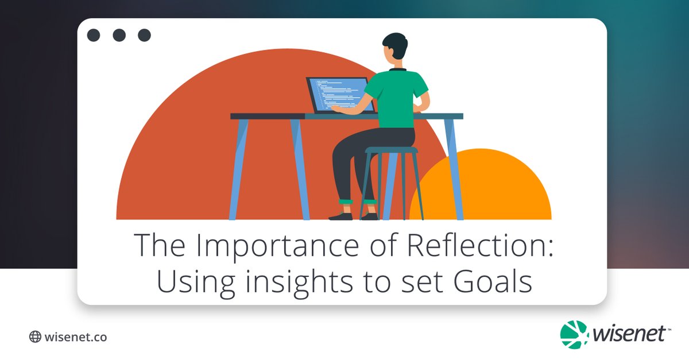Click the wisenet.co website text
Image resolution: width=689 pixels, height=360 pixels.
tap(75, 337)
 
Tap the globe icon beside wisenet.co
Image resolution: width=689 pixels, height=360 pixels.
tap(35, 337)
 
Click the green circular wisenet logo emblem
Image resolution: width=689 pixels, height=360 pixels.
tap(574, 334)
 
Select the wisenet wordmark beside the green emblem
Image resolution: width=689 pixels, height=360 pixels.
tap(629, 334)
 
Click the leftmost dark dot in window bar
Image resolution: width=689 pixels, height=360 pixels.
tap(94, 36)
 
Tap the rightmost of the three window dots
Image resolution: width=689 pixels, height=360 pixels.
tap(144, 36)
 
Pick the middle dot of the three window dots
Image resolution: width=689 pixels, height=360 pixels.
tap(119, 36)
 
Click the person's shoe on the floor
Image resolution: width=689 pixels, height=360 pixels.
tap(341, 216)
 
